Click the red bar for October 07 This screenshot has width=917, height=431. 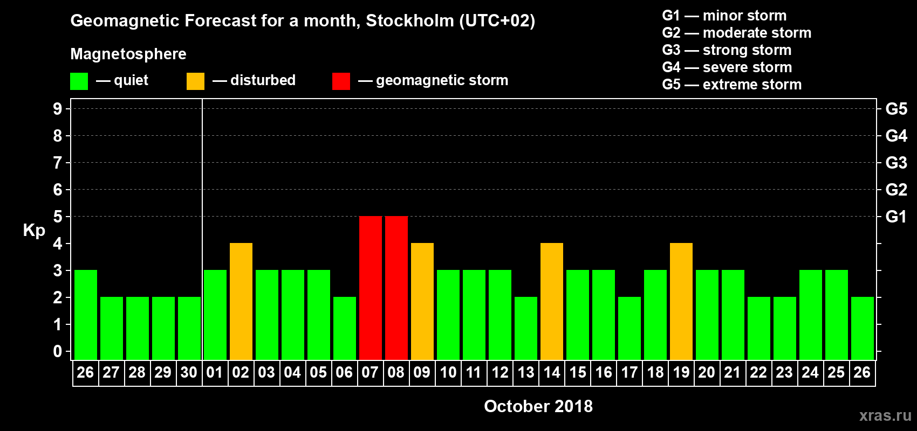coord(370,288)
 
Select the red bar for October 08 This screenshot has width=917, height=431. coord(396,288)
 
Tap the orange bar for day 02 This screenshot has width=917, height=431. coord(241,301)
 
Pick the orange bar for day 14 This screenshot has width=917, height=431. coord(551,301)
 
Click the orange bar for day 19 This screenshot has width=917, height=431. coord(681,301)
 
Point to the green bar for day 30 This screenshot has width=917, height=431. coord(189,328)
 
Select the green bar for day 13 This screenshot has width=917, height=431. coord(525,328)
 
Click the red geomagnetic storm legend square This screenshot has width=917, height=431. coord(341,81)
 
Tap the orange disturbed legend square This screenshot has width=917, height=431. coord(195,81)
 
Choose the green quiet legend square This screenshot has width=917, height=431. coord(79,81)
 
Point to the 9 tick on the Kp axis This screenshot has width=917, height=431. coord(58,109)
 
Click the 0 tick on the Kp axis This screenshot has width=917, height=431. coord(58,352)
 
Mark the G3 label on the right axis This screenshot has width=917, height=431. coord(896,163)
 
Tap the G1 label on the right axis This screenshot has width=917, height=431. coord(896,217)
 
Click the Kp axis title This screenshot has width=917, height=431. coord(34,231)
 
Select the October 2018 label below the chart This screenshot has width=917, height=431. coord(538,406)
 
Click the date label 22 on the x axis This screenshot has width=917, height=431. coord(758,373)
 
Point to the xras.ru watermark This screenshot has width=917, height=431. coord(885,415)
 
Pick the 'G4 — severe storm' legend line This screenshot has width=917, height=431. coord(727,67)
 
